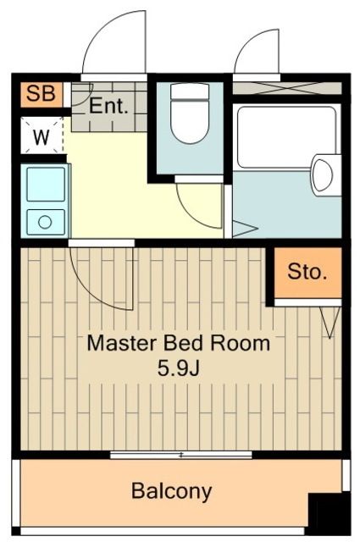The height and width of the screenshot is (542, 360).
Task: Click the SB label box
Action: click(39, 93)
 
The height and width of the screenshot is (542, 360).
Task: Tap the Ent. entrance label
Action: click(109, 107)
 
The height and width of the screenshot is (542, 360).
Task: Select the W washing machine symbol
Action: click(41, 135)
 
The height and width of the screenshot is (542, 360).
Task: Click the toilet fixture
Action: click(189, 113)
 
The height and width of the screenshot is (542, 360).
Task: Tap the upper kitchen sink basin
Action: click(46, 184)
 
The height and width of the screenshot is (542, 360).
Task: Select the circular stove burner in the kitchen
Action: click(45, 222)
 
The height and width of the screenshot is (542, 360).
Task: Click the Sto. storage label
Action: click(307, 273)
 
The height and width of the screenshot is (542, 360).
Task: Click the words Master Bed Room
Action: click(180, 344)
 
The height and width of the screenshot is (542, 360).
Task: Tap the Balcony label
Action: click(171, 490)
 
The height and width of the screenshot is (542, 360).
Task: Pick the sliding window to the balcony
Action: click(180, 455)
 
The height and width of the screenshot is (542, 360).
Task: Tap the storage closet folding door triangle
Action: click(330, 322)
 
